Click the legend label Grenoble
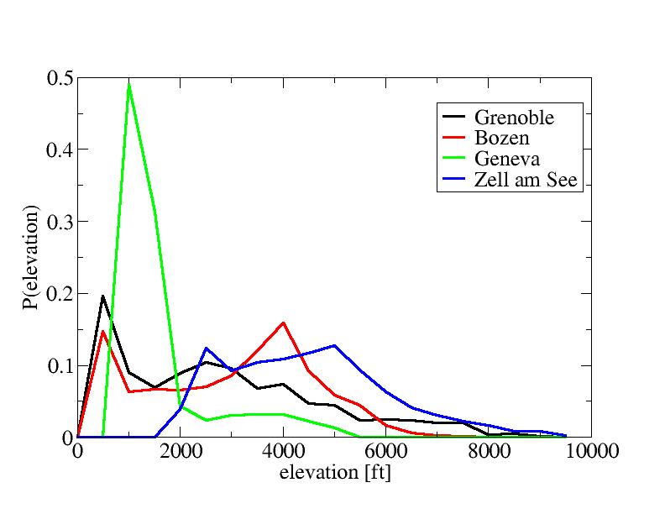(514, 116)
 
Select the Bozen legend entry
(501, 138)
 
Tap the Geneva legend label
(506, 160)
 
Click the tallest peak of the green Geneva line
(128, 83)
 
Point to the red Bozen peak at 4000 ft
(284, 323)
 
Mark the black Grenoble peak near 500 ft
(102, 296)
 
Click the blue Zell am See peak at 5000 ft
(335, 345)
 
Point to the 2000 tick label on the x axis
(181, 452)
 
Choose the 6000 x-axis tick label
(386, 452)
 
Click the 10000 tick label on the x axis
(592, 452)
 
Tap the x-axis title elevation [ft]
(334, 473)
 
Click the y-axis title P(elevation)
(31, 258)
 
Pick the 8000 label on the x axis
(490, 452)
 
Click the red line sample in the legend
(454, 138)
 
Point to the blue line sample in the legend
(454, 181)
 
